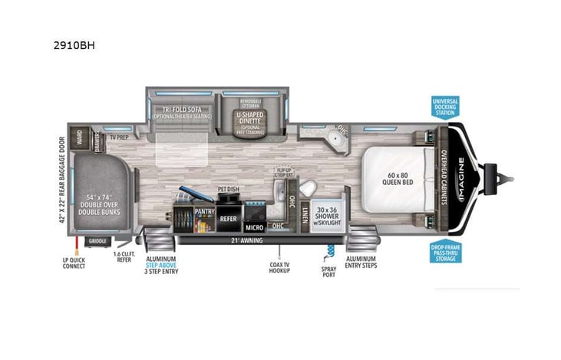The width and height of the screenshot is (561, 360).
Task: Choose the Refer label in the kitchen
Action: [x=229, y=217]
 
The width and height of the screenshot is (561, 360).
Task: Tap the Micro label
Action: [x=255, y=227]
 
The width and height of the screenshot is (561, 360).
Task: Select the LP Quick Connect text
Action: [x=75, y=266]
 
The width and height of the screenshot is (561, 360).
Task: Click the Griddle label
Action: [x=97, y=240]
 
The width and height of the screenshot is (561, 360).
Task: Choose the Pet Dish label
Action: [x=228, y=188]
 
